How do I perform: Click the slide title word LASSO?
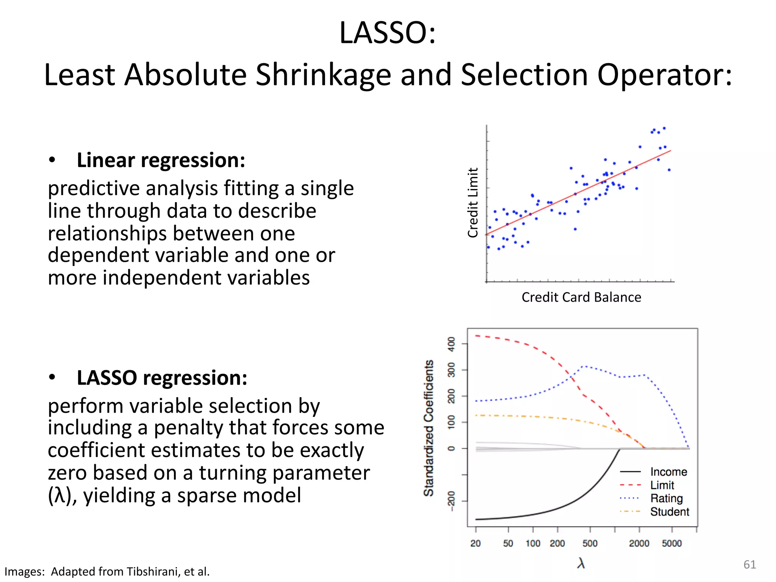[387, 33]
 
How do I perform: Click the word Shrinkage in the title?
[323, 75]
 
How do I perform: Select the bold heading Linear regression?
[161, 160]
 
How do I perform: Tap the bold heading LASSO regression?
[162, 378]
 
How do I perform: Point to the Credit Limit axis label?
[473, 203]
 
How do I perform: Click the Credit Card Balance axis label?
[581, 297]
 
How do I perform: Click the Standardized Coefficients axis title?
[429, 428]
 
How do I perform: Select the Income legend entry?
[668, 472]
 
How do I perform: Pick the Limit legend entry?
[662, 485]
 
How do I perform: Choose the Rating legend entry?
[666, 498]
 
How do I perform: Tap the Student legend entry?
[670, 512]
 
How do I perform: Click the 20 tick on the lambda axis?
[476, 543]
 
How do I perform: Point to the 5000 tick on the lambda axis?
[671, 543]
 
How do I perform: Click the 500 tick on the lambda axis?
[590, 543]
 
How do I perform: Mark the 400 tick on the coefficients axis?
[451, 344]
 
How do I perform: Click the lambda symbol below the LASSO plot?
[581, 563]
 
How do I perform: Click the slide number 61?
[749, 565]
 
